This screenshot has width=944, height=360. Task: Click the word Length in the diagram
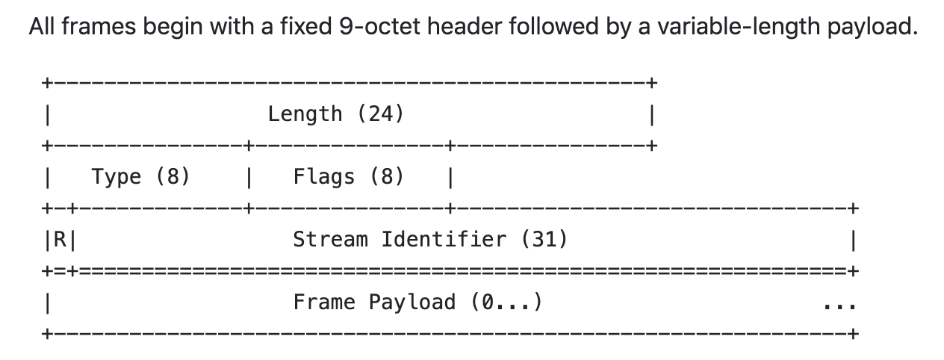[x=305, y=114]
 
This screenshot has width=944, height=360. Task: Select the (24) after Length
[x=380, y=114]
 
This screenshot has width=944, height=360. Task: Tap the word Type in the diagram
[x=117, y=177]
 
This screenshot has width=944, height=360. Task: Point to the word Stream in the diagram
[x=330, y=240]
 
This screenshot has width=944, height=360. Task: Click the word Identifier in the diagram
[x=443, y=240]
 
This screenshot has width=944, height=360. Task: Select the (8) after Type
[x=173, y=177]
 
